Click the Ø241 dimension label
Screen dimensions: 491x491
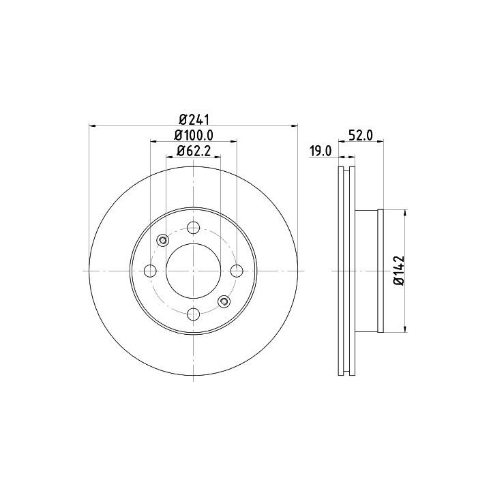click(x=194, y=119)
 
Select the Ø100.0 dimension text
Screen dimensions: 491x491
click(x=194, y=135)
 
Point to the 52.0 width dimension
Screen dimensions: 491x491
click(x=361, y=136)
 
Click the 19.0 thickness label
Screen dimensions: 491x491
click(x=321, y=151)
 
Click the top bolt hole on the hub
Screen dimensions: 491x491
click(x=194, y=228)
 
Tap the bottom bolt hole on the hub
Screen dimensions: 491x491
click(x=194, y=314)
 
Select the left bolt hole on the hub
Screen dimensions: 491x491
click(x=150, y=271)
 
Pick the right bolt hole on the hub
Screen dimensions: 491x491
click(x=237, y=271)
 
